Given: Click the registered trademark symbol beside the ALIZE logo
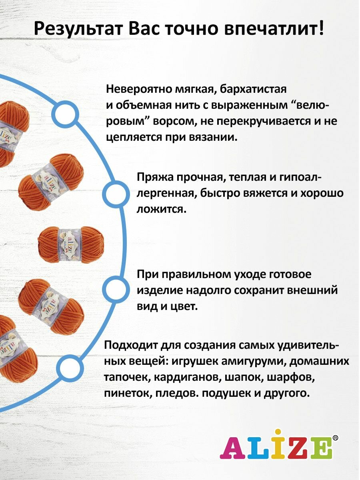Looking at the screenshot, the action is [335, 438].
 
